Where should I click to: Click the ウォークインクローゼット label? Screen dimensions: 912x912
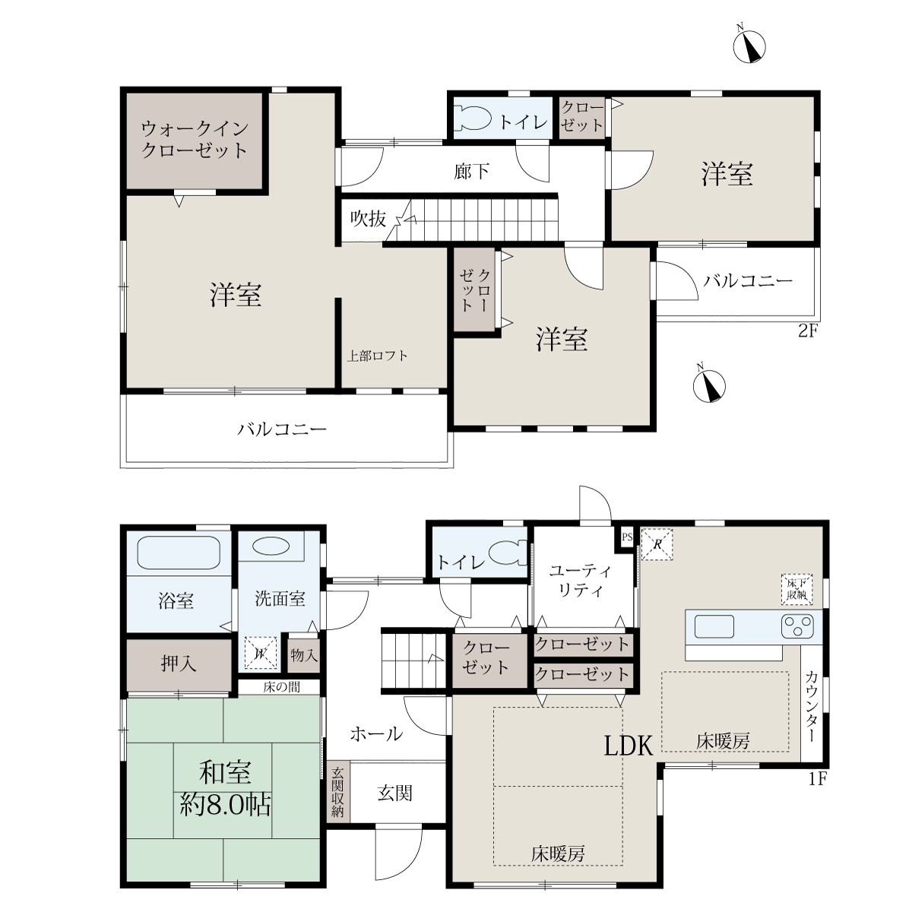(x=195, y=139)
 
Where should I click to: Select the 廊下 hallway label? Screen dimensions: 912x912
(x=471, y=171)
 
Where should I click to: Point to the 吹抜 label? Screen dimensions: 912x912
(x=368, y=219)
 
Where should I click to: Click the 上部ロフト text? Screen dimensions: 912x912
(x=377, y=356)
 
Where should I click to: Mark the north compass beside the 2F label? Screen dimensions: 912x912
(x=709, y=386)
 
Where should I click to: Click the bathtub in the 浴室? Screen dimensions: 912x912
(x=179, y=553)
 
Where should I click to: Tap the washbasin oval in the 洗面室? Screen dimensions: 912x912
(x=271, y=546)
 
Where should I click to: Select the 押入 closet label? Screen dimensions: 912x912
(x=179, y=663)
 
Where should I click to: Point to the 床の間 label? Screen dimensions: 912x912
(x=282, y=687)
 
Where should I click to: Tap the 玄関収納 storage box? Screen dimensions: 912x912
(x=337, y=791)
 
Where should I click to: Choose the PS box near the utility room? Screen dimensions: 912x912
(x=627, y=537)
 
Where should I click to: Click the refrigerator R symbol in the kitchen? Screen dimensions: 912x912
(x=657, y=544)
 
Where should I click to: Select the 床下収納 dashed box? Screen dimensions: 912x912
(x=797, y=589)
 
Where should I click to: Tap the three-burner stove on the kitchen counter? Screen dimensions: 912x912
(x=797, y=626)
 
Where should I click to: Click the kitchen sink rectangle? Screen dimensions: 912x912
(x=714, y=626)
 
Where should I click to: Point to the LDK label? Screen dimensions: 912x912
(x=629, y=746)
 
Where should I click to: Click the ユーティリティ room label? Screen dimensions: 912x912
(x=580, y=580)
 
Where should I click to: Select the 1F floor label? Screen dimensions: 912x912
(x=817, y=778)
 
